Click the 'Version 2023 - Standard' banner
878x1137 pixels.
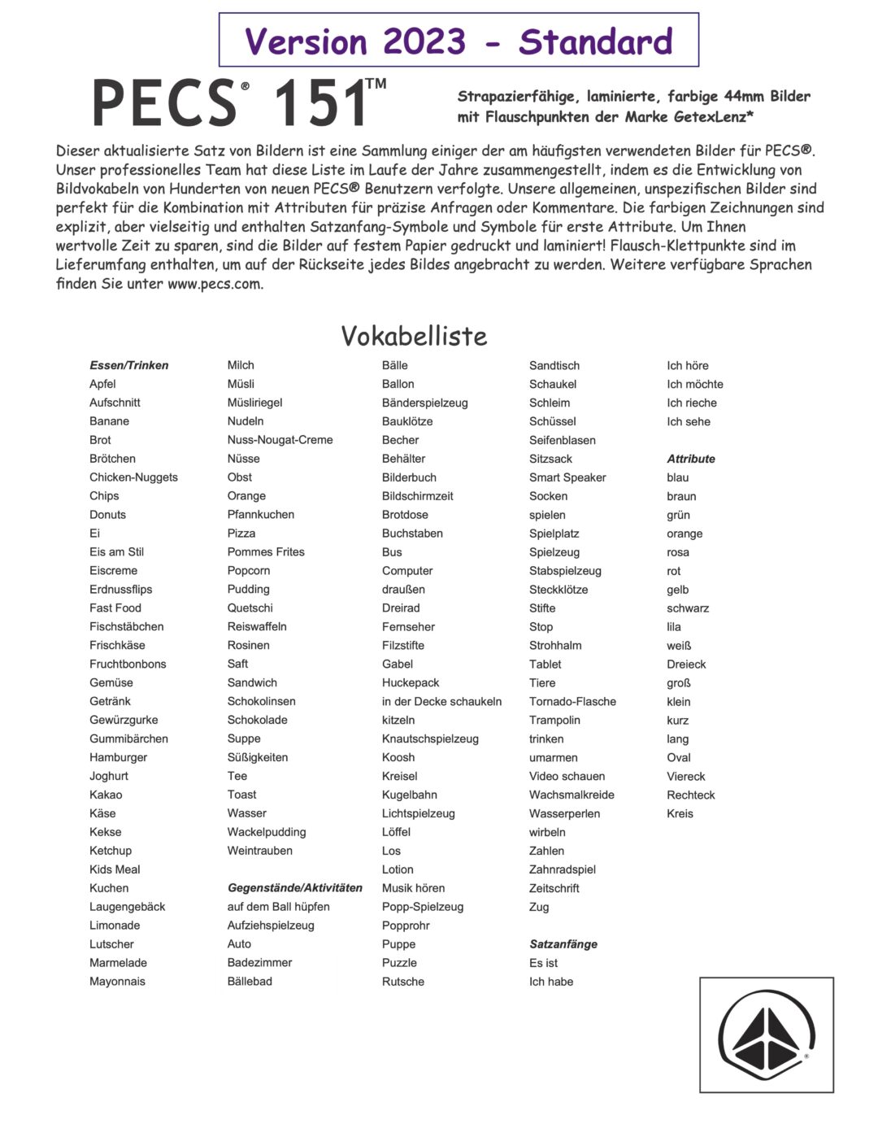pyautogui.click(x=459, y=41)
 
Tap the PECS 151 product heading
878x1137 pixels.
pyautogui.click(x=239, y=103)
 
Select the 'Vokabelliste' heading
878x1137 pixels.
pyautogui.click(x=414, y=336)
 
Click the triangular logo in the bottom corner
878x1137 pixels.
pyautogui.click(x=766, y=1035)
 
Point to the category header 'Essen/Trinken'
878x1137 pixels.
pyautogui.click(x=129, y=365)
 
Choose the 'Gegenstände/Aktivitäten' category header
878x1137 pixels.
pyautogui.click(x=294, y=887)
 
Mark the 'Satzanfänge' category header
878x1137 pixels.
pyautogui.click(x=563, y=943)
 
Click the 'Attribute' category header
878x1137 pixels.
pyautogui.click(x=691, y=459)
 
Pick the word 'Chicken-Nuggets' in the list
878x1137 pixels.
pyautogui.click(x=133, y=477)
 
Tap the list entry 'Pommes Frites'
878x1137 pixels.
pyautogui.click(x=266, y=551)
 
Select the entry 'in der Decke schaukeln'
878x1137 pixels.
pyautogui.click(x=441, y=701)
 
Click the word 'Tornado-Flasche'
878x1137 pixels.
pyautogui.click(x=572, y=701)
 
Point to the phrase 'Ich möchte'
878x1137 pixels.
pyautogui.click(x=695, y=384)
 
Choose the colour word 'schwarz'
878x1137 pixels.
pyautogui.click(x=688, y=608)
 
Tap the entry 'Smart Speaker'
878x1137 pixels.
pyautogui.click(x=567, y=477)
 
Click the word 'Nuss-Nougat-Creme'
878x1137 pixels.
pyautogui.click(x=280, y=440)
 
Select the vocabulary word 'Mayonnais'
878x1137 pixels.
pyautogui.click(x=117, y=982)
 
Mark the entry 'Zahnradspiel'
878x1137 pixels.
pyautogui.click(x=563, y=869)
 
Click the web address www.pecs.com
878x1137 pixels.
pyautogui.click(x=215, y=284)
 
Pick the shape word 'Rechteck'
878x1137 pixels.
pyautogui.click(x=691, y=795)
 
